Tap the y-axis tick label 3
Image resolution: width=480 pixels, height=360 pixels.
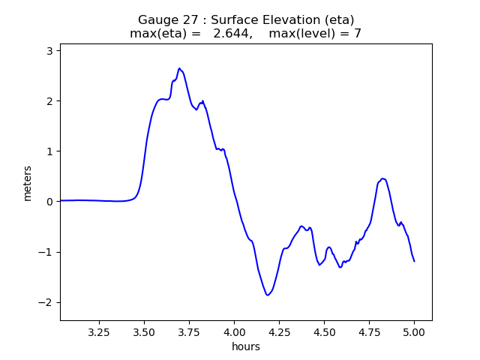click(x=50, y=51)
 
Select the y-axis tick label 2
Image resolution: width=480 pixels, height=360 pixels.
click(x=50, y=101)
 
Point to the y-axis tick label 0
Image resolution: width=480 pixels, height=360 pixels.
click(x=50, y=202)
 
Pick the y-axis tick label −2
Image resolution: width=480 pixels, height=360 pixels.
click(x=46, y=302)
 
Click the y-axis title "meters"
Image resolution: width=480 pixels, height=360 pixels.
click(x=28, y=183)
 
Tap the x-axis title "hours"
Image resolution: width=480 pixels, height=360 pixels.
click(x=246, y=346)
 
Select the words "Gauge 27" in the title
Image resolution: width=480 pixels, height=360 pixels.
click(x=163, y=19)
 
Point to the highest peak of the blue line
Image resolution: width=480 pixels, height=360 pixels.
click(x=179, y=68)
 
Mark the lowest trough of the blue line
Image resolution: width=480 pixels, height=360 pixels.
click(x=268, y=295)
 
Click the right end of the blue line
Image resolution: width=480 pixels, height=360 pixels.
click(x=414, y=261)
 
